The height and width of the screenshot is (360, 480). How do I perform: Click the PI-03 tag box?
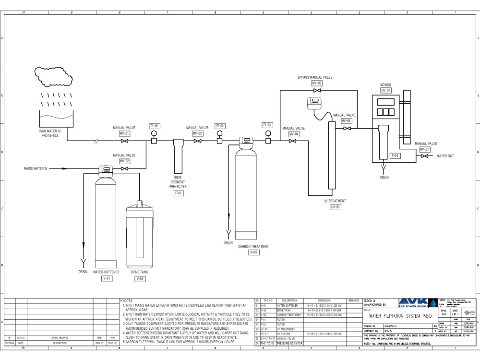[x=267, y=125]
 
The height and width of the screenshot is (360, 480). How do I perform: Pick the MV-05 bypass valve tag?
[x=317, y=83]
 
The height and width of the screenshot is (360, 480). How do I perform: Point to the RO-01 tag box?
[x=386, y=90]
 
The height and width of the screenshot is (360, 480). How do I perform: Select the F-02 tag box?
[x=395, y=156]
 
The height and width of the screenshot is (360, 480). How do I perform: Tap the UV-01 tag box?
[x=335, y=207]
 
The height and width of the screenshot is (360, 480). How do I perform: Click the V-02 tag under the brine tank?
[x=140, y=278]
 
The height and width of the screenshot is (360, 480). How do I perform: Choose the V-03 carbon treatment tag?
[x=254, y=252]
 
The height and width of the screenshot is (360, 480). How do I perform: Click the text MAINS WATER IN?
[x=36, y=168]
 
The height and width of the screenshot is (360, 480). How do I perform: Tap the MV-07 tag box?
[x=424, y=149]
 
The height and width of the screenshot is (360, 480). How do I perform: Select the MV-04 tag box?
[x=294, y=134]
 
